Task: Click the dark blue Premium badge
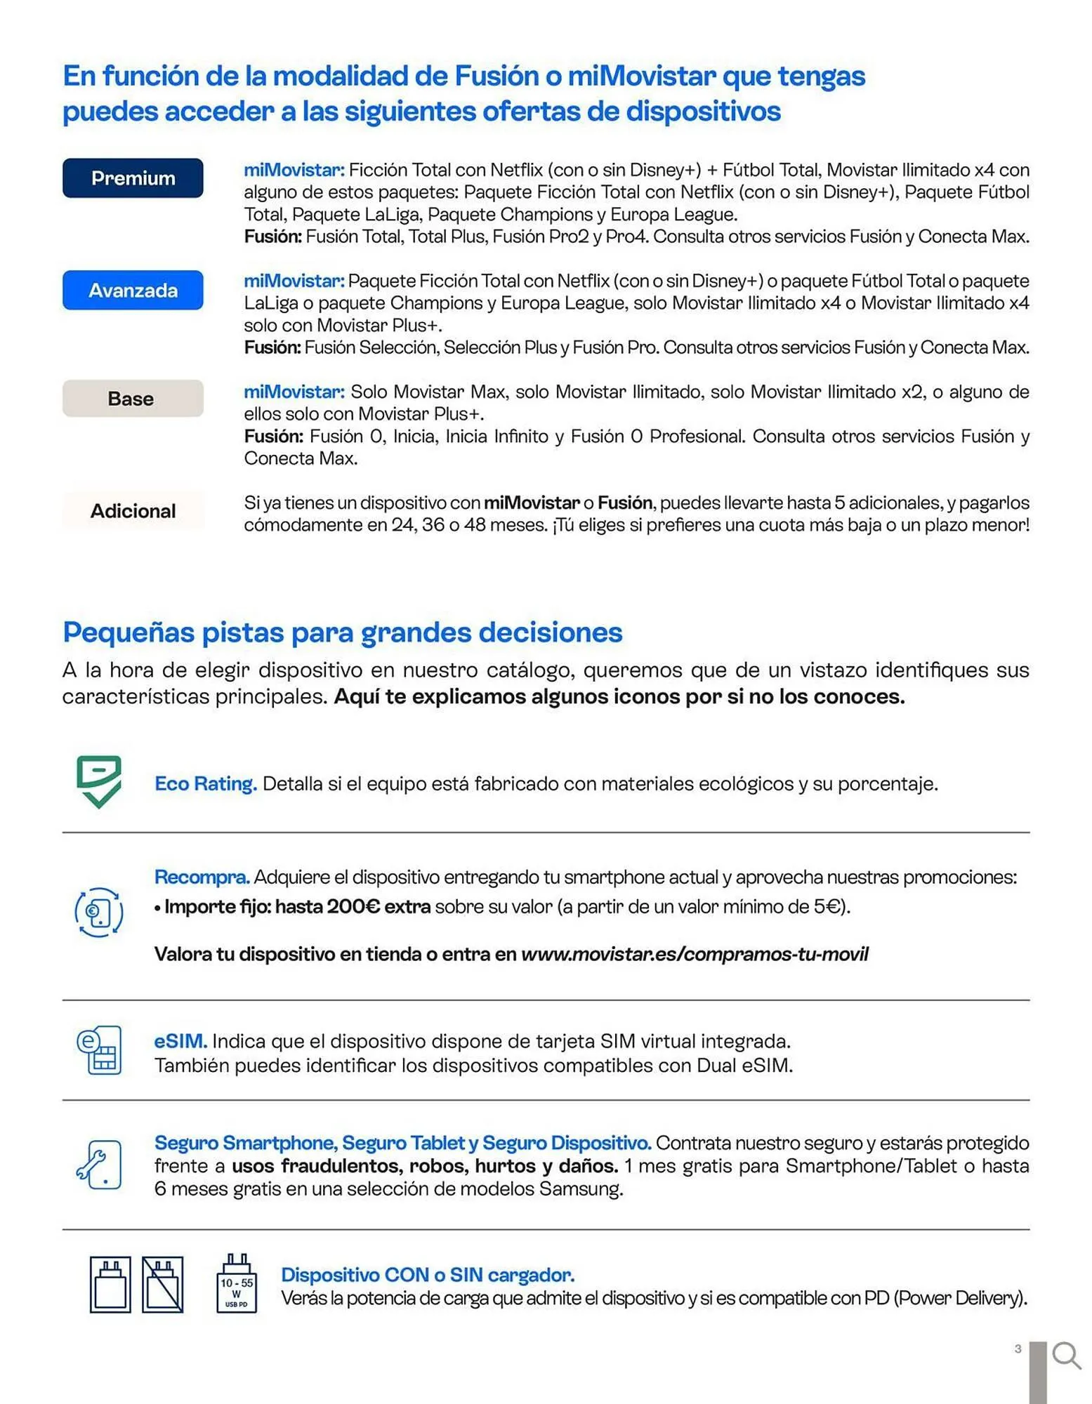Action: pos(133,178)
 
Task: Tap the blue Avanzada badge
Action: pos(133,290)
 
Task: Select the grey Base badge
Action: pos(133,399)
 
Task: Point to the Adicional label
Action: pos(133,511)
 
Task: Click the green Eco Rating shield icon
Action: pos(99,781)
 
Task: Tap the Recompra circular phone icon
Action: pos(99,912)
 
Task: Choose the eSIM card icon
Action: pos(99,1050)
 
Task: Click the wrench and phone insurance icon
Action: pos(99,1165)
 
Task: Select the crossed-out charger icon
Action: pos(162,1285)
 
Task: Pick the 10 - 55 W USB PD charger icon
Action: pos(237,1285)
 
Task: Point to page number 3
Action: pos(1018,1349)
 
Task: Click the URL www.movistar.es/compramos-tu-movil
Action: pos(695,955)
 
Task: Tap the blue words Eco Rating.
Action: pos(205,783)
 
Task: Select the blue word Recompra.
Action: pos(202,877)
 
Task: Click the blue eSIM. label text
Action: pos(180,1041)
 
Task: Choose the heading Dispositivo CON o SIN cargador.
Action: pos(428,1275)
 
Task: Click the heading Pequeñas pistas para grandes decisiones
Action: pos(342,633)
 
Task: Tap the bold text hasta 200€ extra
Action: pos(353,907)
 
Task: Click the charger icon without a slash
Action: pos(110,1285)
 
